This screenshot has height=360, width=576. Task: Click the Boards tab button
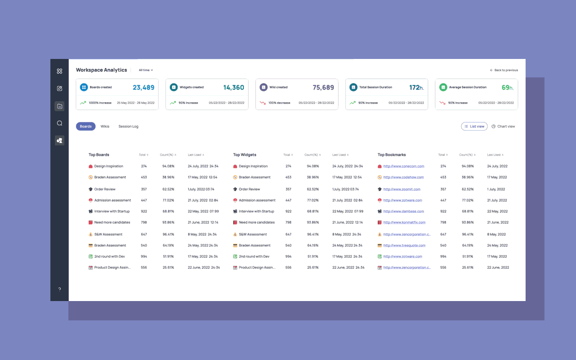[x=85, y=126]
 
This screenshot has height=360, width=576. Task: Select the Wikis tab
[x=105, y=126]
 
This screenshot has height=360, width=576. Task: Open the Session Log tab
[x=128, y=126]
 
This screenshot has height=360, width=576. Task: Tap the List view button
[x=474, y=126]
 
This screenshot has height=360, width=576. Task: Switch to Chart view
[x=503, y=126]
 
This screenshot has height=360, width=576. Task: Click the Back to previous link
[x=504, y=70]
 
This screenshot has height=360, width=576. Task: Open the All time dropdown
[x=146, y=70]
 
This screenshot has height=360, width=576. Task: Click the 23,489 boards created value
[x=144, y=87]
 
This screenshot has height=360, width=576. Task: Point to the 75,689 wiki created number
[x=323, y=87]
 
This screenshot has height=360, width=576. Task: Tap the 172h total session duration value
[x=416, y=87]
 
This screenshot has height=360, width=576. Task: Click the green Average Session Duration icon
[x=443, y=87]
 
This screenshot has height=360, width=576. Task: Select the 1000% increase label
[x=100, y=103]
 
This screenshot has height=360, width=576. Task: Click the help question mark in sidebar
[x=59, y=289]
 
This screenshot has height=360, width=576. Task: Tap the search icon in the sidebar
[x=59, y=123]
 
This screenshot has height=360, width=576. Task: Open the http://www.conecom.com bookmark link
[x=404, y=166]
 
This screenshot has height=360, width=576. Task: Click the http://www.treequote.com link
[x=404, y=245]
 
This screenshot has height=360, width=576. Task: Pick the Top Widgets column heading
[x=244, y=154]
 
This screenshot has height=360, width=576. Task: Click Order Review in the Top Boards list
[x=105, y=189]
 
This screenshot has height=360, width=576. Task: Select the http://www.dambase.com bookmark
[x=404, y=211]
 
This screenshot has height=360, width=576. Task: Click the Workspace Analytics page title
[x=101, y=70]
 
